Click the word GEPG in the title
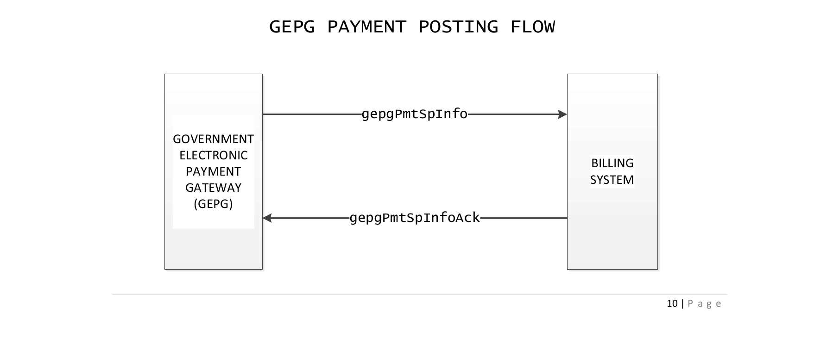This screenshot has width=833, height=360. coord(291,27)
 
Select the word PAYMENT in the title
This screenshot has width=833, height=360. coord(366,27)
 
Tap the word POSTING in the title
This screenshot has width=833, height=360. coord(458,27)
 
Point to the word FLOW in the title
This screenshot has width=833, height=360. coord(532,27)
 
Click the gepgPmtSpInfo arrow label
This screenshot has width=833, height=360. coord(414,114)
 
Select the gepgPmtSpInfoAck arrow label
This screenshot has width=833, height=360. coord(414,218)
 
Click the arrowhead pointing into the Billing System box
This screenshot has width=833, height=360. coord(562,114)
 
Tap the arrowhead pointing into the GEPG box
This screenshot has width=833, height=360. coord(267,218)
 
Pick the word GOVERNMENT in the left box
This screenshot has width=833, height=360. coord(213,139)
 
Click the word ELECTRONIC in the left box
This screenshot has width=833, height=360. coord(213,155)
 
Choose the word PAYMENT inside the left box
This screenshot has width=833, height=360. coord(213,171)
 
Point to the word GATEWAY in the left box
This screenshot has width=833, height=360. coord(213,188)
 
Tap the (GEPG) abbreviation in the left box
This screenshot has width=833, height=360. coord(213,204)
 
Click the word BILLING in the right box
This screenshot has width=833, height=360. coord(612,163)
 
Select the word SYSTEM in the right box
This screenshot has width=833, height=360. coord(612,180)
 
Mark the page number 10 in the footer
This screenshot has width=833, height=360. coord(672,303)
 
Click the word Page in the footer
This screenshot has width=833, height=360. coord(705,304)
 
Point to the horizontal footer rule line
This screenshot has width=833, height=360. coord(417,295)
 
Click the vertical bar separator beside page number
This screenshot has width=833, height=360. coord(682,303)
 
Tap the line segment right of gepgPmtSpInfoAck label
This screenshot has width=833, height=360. coord(524,218)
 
